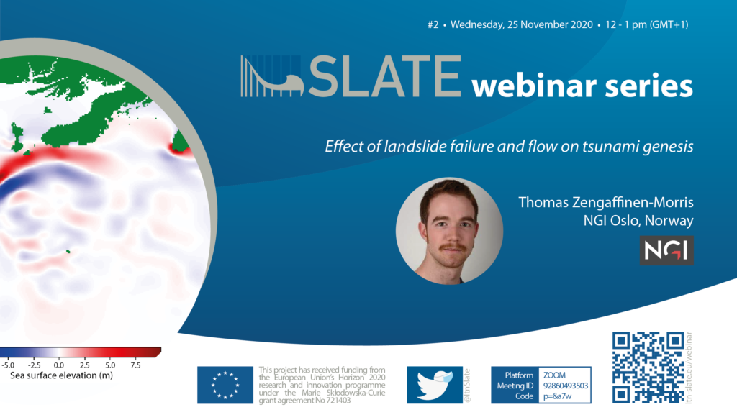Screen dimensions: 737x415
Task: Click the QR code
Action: [x=648, y=367]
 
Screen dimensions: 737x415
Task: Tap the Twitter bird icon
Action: [x=435, y=385]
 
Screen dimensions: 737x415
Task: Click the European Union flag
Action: [x=225, y=385]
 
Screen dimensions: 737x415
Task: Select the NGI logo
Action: [x=666, y=250]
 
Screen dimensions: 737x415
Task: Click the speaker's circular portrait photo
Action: [x=449, y=231]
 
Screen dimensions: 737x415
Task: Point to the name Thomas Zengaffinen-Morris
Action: [x=606, y=202]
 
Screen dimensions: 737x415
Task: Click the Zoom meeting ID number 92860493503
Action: [x=566, y=386]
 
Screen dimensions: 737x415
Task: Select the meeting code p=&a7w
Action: [x=558, y=396]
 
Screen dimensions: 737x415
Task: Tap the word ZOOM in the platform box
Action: [x=554, y=375]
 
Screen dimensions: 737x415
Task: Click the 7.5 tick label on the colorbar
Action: [x=135, y=365]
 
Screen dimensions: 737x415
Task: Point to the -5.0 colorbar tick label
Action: [x=7, y=365]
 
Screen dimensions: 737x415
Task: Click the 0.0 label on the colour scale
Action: [x=59, y=365]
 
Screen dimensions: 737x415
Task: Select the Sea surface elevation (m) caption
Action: [x=62, y=375]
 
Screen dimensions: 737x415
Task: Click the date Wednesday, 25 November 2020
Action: [x=522, y=25]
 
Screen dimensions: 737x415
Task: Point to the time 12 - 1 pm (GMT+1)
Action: [x=647, y=25]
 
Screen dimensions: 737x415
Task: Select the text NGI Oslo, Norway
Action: [x=638, y=221]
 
